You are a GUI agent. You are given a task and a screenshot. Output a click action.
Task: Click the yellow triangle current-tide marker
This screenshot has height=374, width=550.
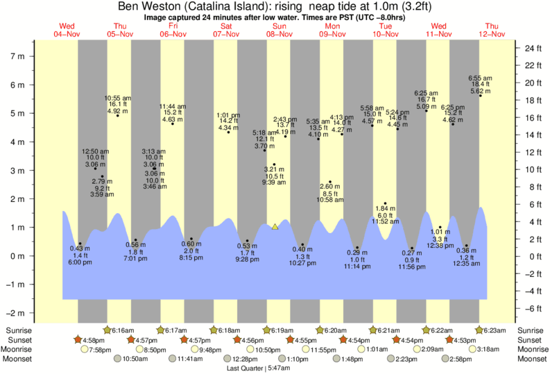click(x=275, y=226)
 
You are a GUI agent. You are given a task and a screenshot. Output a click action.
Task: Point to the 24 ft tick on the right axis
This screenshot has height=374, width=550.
click(x=531, y=49)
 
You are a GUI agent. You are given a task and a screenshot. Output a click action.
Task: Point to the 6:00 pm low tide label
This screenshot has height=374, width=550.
click(x=80, y=262)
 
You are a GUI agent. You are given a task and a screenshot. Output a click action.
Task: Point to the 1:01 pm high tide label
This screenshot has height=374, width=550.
click(x=228, y=115)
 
